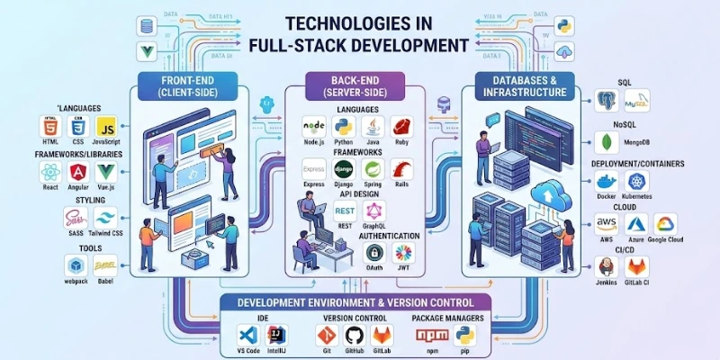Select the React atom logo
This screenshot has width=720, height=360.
[x=50, y=173]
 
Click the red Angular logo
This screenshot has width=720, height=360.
[x=79, y=173]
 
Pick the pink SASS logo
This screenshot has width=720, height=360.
[x=75, y=219]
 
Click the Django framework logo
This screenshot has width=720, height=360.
[x=343, y=169]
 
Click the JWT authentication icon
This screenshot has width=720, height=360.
[x=404, y=253]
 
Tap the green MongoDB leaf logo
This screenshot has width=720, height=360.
[x=607, y=142]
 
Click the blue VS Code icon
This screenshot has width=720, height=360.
[x=249, y=335]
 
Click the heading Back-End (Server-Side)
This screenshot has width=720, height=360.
[x=355, y=86]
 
